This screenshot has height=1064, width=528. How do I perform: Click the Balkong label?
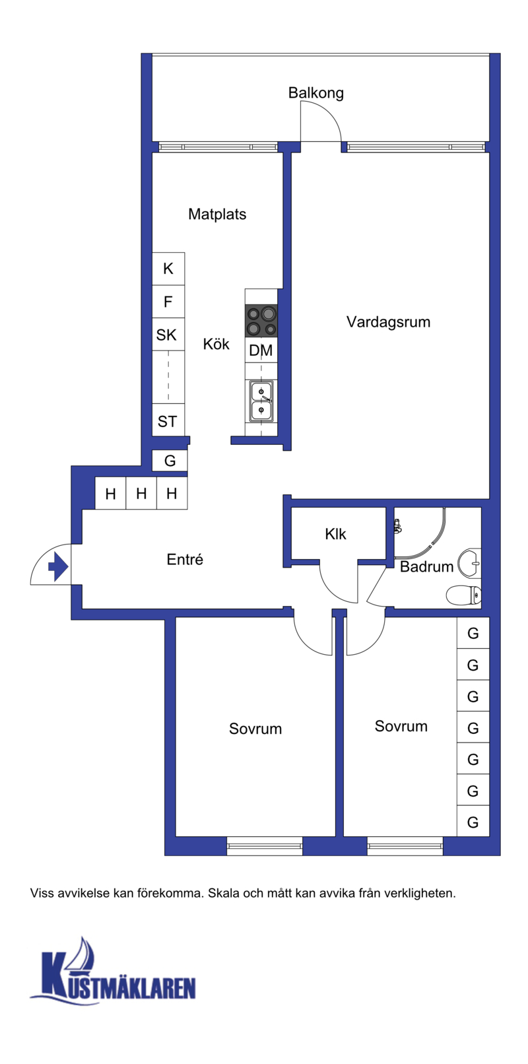click(315, 93)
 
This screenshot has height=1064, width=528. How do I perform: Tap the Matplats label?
click(217, 215)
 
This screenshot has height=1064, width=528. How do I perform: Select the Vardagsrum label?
click(388, 322)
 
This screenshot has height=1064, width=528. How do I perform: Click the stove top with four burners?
click(261, 321)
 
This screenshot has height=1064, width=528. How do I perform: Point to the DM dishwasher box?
click(261, 350)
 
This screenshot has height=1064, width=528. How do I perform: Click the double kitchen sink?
click(261, 401)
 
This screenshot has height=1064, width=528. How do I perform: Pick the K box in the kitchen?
click(168, 269)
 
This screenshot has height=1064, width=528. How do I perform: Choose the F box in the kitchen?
click(168, 302)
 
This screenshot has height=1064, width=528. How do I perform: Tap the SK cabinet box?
click(168, 335)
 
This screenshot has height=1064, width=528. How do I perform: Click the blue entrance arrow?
click(58, 567)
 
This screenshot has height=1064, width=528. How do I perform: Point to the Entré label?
click(185, 560)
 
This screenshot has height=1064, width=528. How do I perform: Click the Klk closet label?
click(336, 535)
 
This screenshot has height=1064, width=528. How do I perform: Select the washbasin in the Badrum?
click(470, 563)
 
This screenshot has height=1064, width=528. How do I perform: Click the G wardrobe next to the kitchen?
click(170, 461)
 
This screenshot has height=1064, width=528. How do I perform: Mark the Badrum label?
click(427, 567)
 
